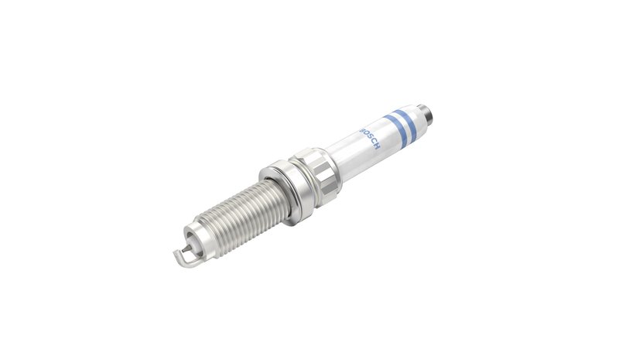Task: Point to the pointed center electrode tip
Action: click(186, 249)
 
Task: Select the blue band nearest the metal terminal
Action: click(404, 122)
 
